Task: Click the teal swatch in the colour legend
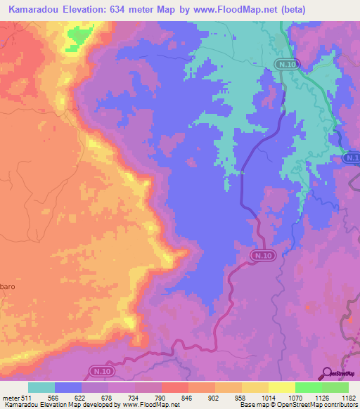point(41,387)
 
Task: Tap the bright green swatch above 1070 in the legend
point(309,387)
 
